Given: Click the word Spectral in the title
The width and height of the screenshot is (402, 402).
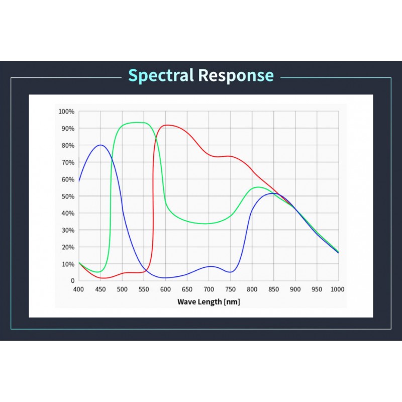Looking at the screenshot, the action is (x=161, y=75).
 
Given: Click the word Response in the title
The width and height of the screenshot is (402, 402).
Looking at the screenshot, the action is (x=236, y=75).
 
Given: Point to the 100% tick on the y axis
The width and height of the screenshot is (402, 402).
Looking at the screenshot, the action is (x=66, y=112).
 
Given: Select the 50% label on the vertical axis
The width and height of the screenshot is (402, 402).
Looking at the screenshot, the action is (x=68, y=196).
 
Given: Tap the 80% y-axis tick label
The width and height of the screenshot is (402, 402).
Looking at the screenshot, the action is (x=68, y=145).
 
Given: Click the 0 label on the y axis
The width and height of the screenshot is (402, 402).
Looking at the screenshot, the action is (x=72, y=281).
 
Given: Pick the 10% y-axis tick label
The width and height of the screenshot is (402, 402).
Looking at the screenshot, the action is (x=68, y=264).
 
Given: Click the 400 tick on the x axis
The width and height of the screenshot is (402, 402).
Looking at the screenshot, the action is (x=78, y=289).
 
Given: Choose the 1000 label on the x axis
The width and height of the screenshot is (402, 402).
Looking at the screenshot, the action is (x=337, y=289).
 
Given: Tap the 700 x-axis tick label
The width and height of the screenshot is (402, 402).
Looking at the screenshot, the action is (x=209, y=289).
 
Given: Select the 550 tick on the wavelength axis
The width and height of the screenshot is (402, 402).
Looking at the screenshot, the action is (x=144, y=289).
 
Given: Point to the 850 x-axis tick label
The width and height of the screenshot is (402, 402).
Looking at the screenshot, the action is (x=273, y=289).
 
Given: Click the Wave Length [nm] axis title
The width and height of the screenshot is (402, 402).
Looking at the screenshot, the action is (x=209, y=302).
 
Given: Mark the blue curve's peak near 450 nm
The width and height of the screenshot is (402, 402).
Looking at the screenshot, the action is (x=100, y=145).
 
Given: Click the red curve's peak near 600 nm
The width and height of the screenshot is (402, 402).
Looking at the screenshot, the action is (x=166, y=125).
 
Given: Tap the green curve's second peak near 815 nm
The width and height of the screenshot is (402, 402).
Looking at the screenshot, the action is (x=258, y=187).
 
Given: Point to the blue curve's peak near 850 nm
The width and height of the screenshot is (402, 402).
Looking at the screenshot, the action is (x=274, y=193).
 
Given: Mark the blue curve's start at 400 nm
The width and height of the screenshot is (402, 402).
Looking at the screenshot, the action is (x=79, y=181).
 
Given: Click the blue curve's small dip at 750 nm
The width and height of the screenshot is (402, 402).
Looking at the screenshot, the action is (x=230, y=272).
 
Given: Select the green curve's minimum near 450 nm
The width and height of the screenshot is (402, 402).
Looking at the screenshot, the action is (x=98, y=272).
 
